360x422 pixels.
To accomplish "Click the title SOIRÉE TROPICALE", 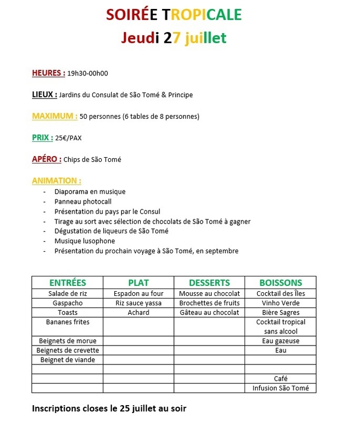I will [173, 15].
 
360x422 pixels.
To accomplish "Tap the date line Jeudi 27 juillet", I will [174, 38].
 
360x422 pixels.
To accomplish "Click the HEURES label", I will [48, 73].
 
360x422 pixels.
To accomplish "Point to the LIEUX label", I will [44, 94].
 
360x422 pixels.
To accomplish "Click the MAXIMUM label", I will [55, 116].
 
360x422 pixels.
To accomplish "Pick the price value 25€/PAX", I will [69, 138].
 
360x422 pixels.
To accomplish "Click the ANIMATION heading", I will [56, 180].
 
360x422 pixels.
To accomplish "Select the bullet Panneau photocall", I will [83, 202].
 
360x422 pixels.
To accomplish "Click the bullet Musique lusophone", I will [84, 241].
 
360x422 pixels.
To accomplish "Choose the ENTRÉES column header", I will [67, 283].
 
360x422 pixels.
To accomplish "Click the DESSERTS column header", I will [209, 283].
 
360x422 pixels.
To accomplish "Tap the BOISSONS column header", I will [280, 283].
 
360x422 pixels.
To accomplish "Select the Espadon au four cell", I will [139, 293].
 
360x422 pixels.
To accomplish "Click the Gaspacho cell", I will [67, 303].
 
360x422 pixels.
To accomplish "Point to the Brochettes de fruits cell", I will [209, 303].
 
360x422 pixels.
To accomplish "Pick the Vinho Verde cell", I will [280, 303].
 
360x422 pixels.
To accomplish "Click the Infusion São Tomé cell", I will [280, 388].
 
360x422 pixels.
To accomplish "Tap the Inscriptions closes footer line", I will [109, 408].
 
